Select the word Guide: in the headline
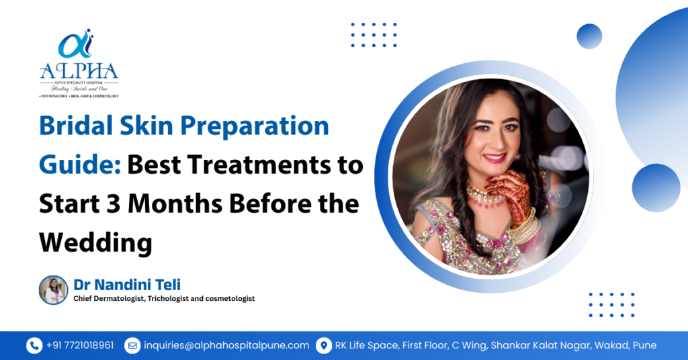[79, 165]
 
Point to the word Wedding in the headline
[95, 242]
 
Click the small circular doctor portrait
[53, 290]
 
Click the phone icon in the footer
[34, 345]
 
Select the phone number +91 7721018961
[80, 345]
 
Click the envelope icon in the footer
[132, 345]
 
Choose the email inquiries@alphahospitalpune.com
[226, 345]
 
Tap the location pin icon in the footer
[324, 345]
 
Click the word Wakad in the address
[614, 345]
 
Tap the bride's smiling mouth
[494, 159]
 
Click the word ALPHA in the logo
[79, 71]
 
